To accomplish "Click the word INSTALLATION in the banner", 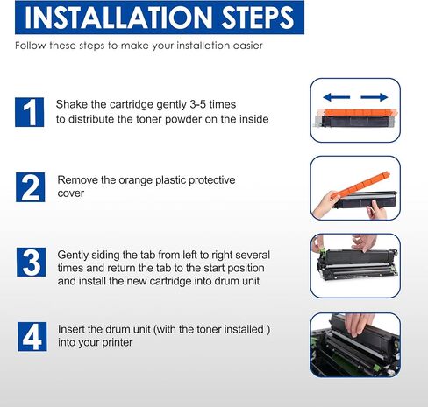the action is pos(118,18).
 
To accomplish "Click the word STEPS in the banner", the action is pos(258,18).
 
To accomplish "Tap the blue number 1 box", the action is pos(30,112).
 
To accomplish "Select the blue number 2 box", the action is pos(31,187).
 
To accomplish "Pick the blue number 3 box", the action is pos(32,262).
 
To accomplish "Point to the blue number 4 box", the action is pos(32,337).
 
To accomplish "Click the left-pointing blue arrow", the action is pos(337,97).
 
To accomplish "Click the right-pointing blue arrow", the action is pos(374,97).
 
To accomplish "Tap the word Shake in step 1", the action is pos(72,104).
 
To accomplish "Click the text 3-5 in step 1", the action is pos(197,104).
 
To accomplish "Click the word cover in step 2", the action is pos(71,193).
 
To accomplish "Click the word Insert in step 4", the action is pos(71,329).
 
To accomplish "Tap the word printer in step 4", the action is pos(117,342).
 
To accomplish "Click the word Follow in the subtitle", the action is pos(31,46).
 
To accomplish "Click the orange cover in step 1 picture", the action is pos(357,112).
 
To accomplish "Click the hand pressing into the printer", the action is pos(358,325).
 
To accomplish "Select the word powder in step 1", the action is pos(183,119).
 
